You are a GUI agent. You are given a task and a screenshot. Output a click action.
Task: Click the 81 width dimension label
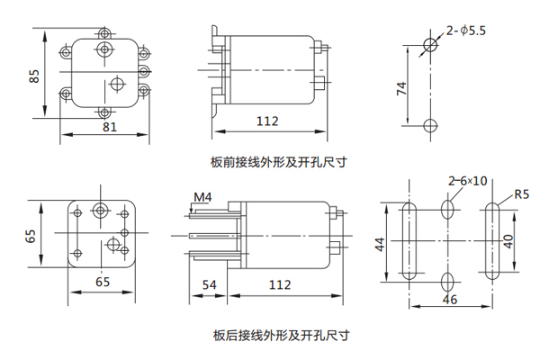pyautogui.click(x=108, y=128)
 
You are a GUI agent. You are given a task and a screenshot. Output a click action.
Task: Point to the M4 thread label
pyautogui.click(x=202, y=196)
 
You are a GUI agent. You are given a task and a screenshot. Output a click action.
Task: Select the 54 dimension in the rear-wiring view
pyautogui.click(x=210, y=285)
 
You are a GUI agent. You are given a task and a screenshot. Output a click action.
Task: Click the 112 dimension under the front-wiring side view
pyautogui.click(x=266, y=121)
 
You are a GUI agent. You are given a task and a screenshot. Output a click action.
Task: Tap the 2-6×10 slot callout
pyautogui.click(x=467, y=181)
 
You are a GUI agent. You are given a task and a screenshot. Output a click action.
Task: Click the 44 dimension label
pyautogui.click(x=380, y=243)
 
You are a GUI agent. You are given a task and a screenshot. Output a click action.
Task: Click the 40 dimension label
pyautogui.click(x=508, y=242)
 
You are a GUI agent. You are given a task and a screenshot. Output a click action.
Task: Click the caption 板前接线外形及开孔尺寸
pyautogui.click(x=279, y=163)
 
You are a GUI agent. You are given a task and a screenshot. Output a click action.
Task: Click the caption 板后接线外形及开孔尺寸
pyautogui.click(x=280, y=336)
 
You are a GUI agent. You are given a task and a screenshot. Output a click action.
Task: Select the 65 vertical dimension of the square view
pyautogui.click(x=31, y=236)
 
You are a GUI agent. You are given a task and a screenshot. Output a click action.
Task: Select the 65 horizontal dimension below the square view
pyautogui.click(x=104, y=283)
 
